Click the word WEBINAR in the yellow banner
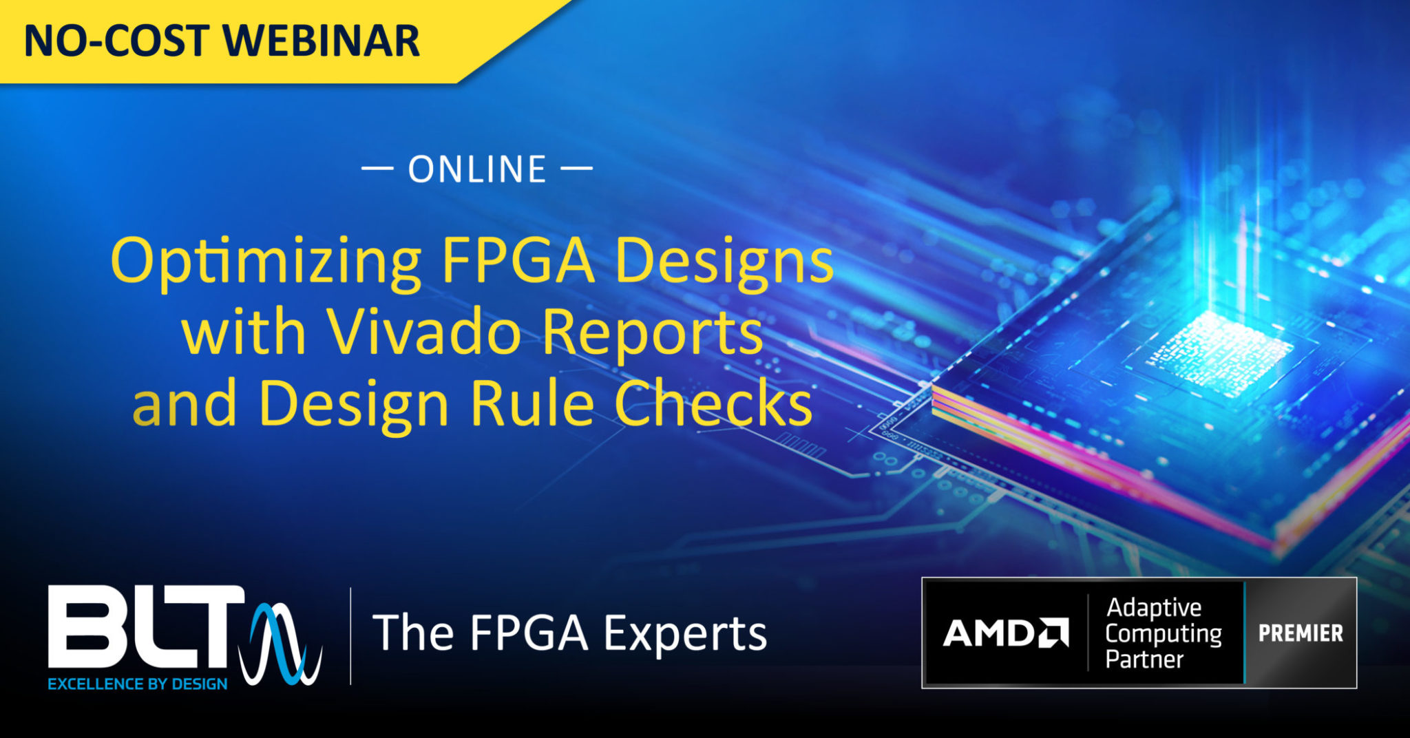coord(322,41)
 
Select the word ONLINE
coord(477,169)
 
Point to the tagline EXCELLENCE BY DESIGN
coord(138,684)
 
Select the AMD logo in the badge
coord(1005,633)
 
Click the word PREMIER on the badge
coord(1301,633)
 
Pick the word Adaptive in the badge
coord(1154,608)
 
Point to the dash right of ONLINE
coord(577,168)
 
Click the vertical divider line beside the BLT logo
coord(351,636)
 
